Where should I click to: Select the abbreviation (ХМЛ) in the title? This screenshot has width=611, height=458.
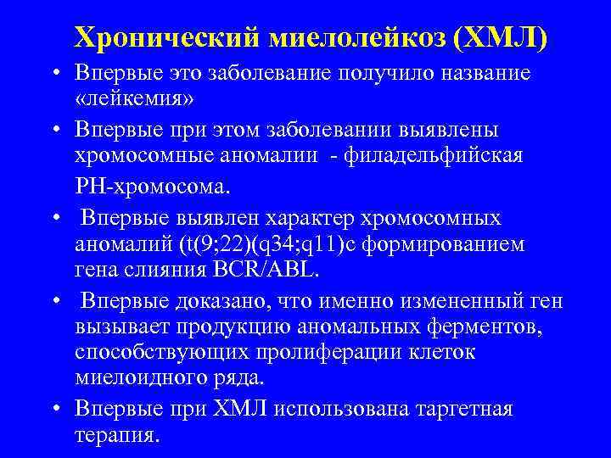click(x=502, y=36)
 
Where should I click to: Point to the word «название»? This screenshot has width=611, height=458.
click(x=483, y=73)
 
